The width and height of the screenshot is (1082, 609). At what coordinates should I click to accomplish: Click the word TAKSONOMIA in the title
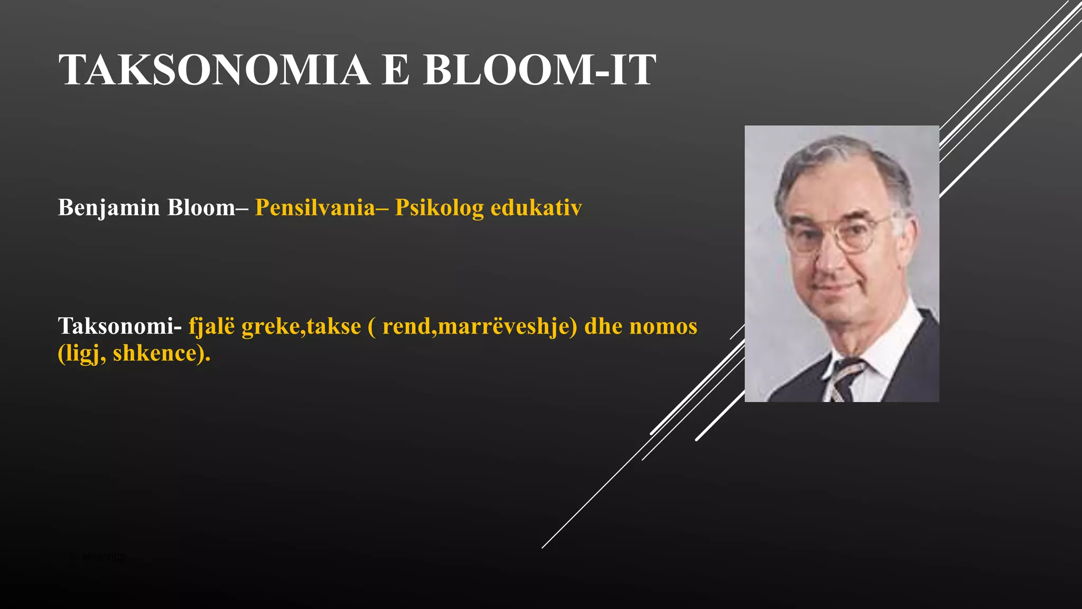click(x=214, y=70)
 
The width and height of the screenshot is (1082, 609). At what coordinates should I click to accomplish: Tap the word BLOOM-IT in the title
click(x=539, y=70)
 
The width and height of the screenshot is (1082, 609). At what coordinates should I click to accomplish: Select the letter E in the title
click(x=396, y=70)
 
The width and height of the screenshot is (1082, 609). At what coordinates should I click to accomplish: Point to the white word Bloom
click(x=201, y=208)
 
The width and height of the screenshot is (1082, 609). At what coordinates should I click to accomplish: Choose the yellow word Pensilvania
click(x=315, y=208)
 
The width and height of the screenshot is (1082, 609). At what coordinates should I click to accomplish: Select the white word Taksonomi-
click(x=120, y=326)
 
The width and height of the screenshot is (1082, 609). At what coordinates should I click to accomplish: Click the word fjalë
click(x=211, y=326)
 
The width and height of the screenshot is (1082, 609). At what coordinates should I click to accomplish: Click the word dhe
click(x=603, y=326)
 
